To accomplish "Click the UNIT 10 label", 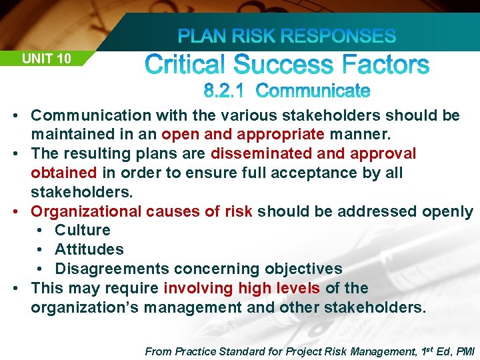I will click(47, 59).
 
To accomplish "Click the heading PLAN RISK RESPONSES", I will click(288, 36).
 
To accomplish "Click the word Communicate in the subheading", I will click(313, 90).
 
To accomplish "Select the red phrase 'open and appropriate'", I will click(243, 135).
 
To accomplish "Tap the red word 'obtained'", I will click(64, 173).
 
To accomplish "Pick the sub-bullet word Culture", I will click(83, 231).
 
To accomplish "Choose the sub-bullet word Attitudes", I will click(89, 250).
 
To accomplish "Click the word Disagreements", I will click(112, 269).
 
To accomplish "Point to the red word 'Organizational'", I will click(87, 212).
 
